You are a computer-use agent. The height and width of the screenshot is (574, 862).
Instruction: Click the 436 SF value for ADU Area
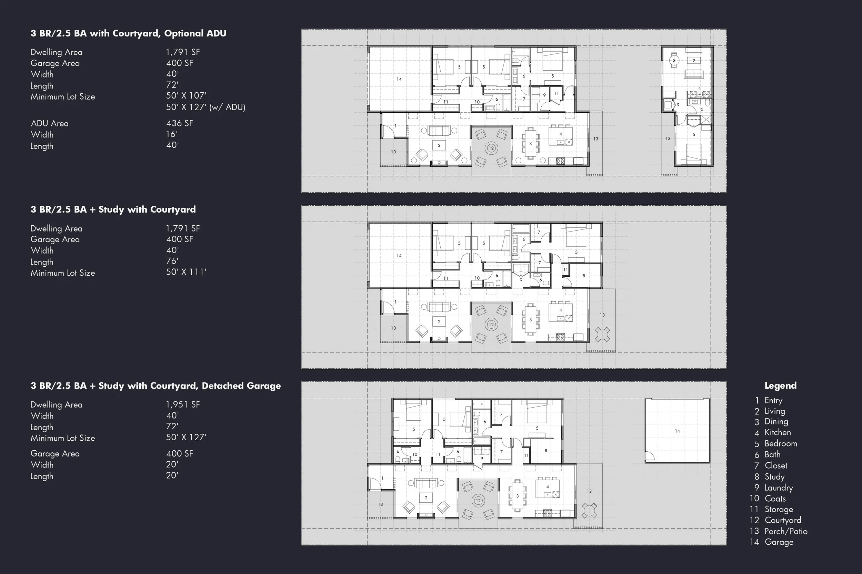180,123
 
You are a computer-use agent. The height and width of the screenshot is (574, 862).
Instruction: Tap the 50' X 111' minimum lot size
186,272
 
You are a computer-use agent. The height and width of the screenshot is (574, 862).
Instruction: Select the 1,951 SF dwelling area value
183,404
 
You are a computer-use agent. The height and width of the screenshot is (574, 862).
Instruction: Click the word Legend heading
780,386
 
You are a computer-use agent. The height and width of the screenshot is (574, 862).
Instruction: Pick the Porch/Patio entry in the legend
786,531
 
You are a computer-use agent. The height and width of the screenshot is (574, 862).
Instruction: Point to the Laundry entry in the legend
779,488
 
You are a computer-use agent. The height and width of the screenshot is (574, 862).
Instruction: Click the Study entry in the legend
774,476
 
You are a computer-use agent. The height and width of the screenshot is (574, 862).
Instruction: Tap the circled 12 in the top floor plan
491,148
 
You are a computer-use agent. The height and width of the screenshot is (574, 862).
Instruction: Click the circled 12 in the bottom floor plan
478,500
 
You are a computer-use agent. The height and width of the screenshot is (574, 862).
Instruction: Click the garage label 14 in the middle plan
399,256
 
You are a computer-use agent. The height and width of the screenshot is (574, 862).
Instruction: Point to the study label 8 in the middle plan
584,276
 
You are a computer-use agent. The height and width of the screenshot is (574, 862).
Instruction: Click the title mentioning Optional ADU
128,33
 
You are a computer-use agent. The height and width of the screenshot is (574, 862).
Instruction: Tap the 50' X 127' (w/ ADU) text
206,107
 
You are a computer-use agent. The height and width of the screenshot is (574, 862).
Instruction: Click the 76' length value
172,261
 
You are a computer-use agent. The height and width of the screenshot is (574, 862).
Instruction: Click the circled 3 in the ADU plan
674,60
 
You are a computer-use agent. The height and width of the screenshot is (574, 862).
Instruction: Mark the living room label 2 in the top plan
439,145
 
